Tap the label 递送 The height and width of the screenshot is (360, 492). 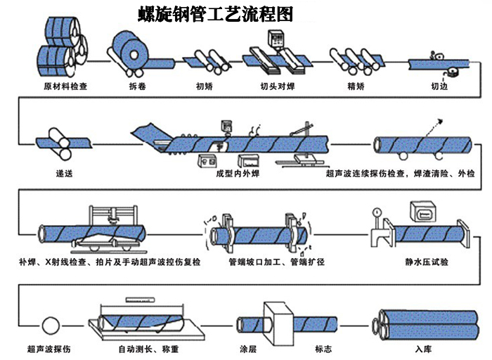[x=64, y=173]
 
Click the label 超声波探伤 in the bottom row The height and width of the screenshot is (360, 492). [x=51, y=348]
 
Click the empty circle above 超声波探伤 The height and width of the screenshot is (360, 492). [x=51, y=326]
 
